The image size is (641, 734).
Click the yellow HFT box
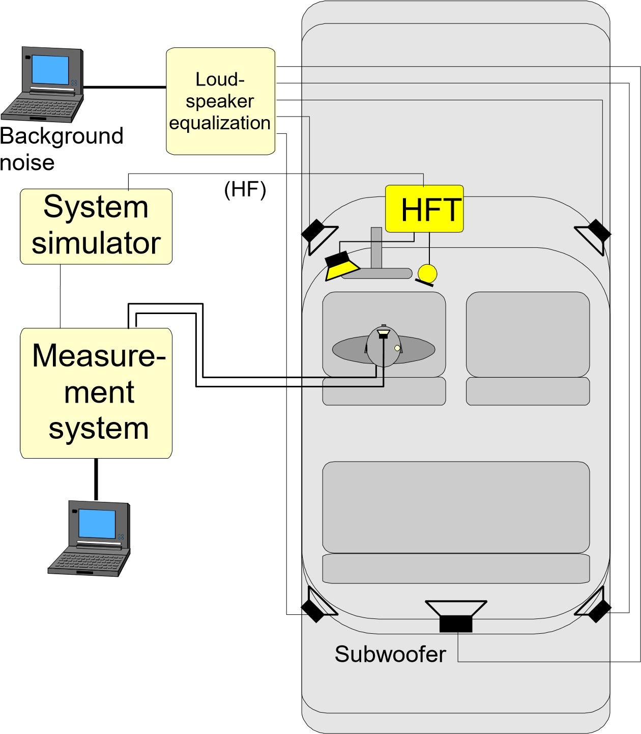424,209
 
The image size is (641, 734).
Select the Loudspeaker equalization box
221,101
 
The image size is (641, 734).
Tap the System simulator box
96,226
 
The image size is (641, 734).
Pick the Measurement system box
96,393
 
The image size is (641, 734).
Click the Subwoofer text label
390,655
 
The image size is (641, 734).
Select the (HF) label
245,189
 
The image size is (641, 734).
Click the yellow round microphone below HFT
427,273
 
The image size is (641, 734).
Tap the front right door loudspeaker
594,235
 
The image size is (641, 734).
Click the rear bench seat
456,506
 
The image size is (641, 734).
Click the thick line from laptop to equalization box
125,87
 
